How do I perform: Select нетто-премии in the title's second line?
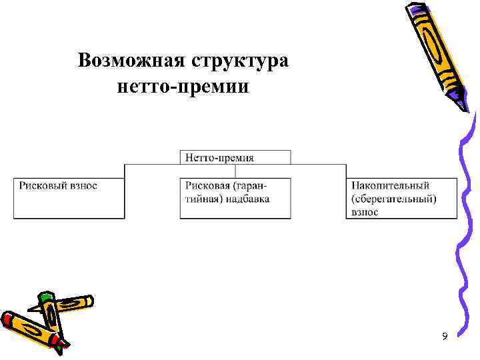[x=182, y=87]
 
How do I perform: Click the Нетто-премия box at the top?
[x=235, y=157]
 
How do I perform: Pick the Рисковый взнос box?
[x=69, y=198]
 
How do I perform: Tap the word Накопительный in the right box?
[x=390, y=185]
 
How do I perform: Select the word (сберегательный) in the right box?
[x=393, y=199]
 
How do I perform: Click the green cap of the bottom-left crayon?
[x=45, y=298]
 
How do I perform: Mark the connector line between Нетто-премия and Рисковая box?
[x=235, y=171]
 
